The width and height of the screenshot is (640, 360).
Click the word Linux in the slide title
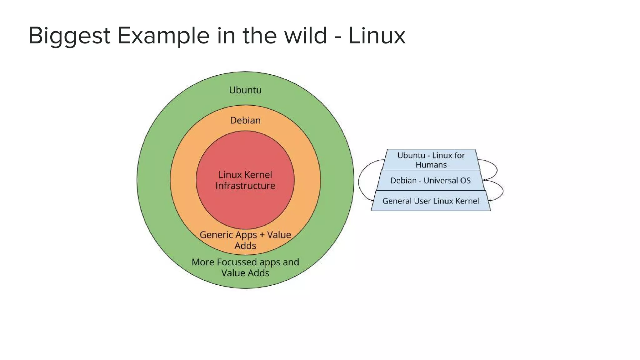coord(377,36)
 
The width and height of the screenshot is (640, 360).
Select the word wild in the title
coord(305,36)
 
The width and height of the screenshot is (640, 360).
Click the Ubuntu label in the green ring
coord(245,90)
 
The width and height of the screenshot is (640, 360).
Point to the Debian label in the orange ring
coord(245,120)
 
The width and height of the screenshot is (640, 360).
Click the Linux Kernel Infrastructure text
coord(245,180)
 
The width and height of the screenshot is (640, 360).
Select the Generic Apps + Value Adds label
coord(245,240)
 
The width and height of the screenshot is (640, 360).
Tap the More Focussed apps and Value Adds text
coord(245,267)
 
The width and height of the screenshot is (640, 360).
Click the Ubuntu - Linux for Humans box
coord(431,160)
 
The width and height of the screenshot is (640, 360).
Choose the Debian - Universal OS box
coord(431,180)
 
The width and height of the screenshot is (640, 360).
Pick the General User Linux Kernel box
coord(431,201)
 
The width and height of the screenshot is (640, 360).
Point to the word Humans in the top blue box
coord(431,165)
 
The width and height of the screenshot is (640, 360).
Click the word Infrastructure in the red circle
coord(245,186)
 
